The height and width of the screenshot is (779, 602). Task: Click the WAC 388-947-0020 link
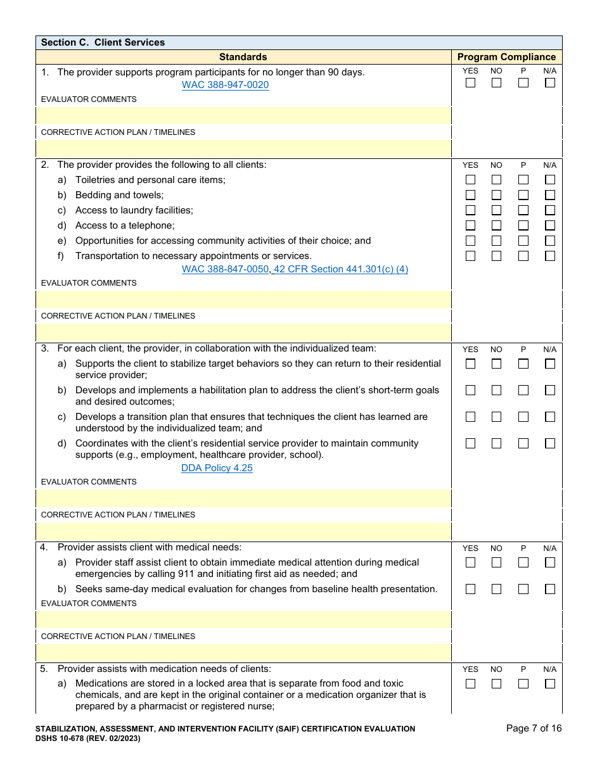pyautogui.click(x=225, y=85)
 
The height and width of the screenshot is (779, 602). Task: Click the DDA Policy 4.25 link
pyautogui.click(x=217, y=468)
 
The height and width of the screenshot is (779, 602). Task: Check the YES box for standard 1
pyautogui.click(x=470, y=83)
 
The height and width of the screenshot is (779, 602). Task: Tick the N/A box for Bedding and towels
pyautogui.click(x=549, y=195)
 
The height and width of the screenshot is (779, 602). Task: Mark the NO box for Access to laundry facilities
pyautogui.click(x=496, y=210)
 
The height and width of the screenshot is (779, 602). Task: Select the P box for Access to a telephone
pyautogui.click(x=523, y=225)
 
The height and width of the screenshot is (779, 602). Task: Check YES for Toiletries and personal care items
pyautogui.click(x=470, y=180)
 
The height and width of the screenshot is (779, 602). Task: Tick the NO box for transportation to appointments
pyautogui.click(x=496, y=256)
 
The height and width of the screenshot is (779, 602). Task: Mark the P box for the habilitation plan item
pyautogui.click(x=523, y=390)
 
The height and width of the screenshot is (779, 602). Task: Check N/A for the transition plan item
pyautogui.click(x=549, y=417)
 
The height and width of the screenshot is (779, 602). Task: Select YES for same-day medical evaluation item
pyautogui.click(x=470, y=589)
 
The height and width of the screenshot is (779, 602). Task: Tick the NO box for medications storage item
pyautogui.click(x=496, y=683)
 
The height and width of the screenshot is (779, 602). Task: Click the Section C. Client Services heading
pyautogui.click(x=103, y=42)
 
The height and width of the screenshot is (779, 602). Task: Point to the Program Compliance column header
pyautogui.click(x=506, y=57)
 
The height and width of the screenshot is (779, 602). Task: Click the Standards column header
pyautogui.click(x=243, y=57)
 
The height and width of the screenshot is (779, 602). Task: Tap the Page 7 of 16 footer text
pyautogui.click(x=534, y=728)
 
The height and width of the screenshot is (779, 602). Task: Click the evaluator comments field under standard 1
pyautogui.click(x=243, y=116)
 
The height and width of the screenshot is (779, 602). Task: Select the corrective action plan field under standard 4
pyautogui.click(x=243, y=653)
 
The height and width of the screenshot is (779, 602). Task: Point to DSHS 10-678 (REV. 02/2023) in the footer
pyautogui.click(x=87, y=738)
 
